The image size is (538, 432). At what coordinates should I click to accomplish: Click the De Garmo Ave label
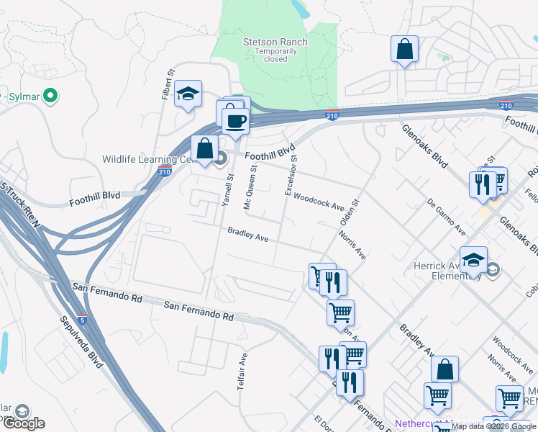click(446, 217)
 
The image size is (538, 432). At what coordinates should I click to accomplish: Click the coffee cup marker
click(235, 120)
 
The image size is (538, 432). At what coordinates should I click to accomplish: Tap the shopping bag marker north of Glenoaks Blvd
click(405, 50)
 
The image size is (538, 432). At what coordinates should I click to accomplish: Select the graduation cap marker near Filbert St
click(188, 94)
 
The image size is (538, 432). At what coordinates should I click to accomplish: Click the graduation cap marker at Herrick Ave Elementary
click(473, 261)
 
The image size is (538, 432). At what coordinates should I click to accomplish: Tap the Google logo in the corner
click(24, 423)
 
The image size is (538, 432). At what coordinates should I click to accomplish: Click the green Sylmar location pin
click(50, 95)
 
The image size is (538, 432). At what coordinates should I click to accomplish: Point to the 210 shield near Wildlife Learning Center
click(165, 171)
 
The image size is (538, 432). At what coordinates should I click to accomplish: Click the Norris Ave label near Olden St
click(355, 245)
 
